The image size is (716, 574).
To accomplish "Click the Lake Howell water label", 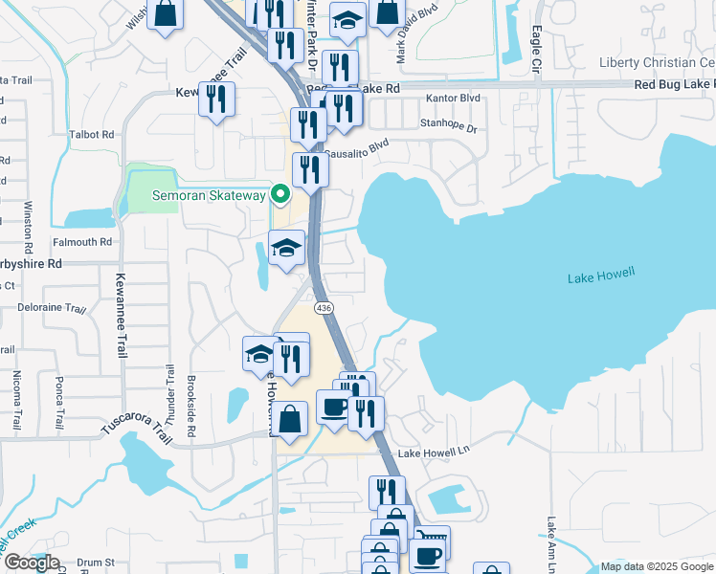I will coord(601,277).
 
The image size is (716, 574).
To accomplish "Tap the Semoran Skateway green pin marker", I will coord(280,195).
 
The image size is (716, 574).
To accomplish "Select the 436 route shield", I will coord(325,308).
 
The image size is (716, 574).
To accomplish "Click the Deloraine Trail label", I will coord(52,309).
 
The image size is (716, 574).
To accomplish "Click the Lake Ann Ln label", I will coord(551,540).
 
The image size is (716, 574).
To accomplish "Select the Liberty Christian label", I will coord(657,62).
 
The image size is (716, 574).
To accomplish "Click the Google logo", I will coord(31,563).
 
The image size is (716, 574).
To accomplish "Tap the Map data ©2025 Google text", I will coord(657,566).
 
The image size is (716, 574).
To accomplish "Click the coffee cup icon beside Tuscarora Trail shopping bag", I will coord(333,408).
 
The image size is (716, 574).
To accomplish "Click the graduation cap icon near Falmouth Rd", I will coord(286,248).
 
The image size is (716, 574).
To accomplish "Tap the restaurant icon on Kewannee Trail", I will coord(217,99).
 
